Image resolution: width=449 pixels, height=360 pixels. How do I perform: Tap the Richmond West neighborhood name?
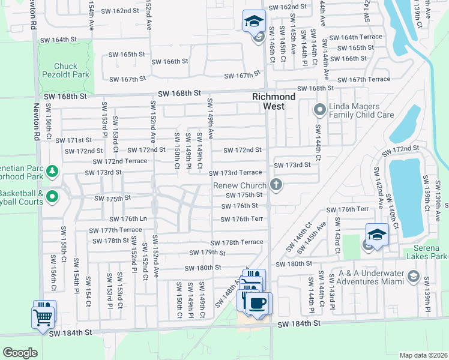(x=274, y=101)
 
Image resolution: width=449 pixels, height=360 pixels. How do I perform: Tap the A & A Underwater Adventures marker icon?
(x=413, y=276)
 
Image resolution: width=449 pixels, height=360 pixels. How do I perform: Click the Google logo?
(x=20, y=352)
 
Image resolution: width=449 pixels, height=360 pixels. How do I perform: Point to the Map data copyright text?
(x=423, y=355)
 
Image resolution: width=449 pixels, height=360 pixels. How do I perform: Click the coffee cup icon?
(x=258, y=302)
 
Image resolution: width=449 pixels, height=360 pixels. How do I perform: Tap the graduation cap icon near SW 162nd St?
(x=255, y=22)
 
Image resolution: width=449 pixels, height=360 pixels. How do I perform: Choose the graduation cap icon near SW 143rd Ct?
(x=377, y=235)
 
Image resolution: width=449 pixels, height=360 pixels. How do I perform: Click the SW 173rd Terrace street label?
(x=235, y=173)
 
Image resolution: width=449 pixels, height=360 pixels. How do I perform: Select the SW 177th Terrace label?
(x=115, y=230)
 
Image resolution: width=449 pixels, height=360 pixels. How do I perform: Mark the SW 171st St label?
(x=74, y=140)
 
